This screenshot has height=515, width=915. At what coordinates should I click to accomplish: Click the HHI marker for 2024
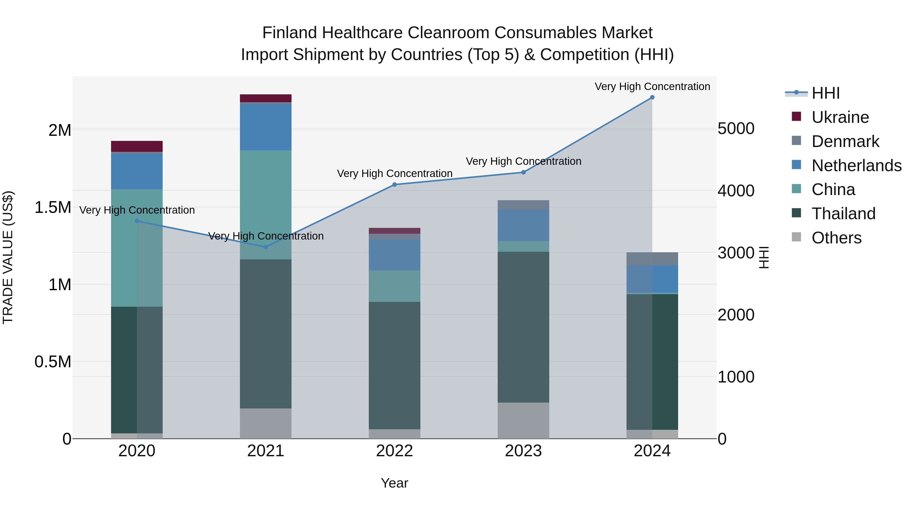coord(652,97)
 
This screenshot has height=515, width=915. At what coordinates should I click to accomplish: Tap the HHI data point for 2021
coord(266,247)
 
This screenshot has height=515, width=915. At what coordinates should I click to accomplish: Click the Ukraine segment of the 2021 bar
coord(266,98)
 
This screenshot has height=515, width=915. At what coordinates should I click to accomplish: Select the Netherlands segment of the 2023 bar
coord(523,225)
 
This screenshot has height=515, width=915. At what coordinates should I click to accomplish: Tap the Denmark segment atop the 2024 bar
coord(652,259)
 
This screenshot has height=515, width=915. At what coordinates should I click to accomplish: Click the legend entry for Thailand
coord(843,214)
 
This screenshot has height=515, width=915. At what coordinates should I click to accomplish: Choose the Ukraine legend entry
coord(840,117)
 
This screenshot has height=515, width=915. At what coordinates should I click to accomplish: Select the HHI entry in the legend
coord(826,93)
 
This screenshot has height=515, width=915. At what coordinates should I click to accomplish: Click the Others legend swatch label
coord(836,238)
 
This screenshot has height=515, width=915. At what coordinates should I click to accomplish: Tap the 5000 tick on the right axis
coord(736,129)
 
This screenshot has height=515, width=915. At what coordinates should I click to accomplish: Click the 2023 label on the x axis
coord(523,451)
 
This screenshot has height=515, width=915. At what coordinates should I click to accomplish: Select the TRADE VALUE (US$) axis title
coord(8,257)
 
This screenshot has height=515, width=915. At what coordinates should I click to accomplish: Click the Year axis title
coord(394,483)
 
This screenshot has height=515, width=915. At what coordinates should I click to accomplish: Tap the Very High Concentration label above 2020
coord(137,210)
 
